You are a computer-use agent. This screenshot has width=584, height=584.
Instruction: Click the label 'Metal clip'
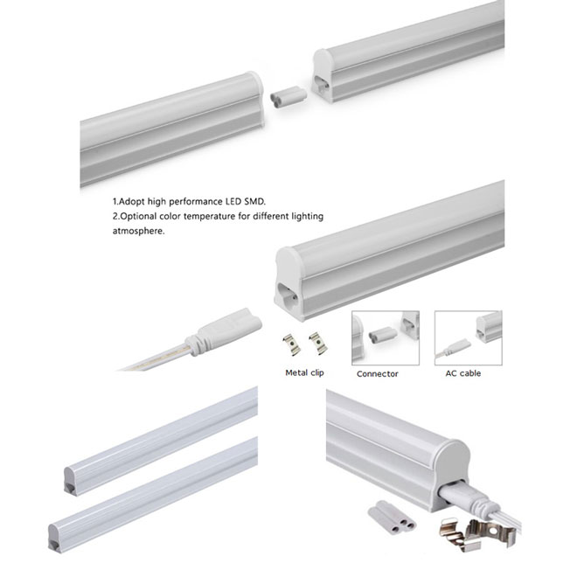pos(304,372)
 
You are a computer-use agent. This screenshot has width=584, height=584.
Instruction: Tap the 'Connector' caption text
pos(378,374)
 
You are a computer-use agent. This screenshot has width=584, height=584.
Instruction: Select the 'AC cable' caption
pos(463,373)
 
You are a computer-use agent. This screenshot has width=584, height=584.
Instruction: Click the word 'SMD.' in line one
pos(254,201)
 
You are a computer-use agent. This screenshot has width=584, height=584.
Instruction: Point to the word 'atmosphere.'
pos(138,231)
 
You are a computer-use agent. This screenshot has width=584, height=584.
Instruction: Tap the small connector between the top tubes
pos(289,97)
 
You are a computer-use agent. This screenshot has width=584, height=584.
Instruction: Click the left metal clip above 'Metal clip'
pos(291,344)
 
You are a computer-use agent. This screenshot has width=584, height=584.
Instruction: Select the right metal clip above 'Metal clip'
pos(317,343)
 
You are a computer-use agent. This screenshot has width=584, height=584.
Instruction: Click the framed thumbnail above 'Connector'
pos(386,337)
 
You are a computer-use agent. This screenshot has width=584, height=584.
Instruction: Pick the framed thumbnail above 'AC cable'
pos(469,337)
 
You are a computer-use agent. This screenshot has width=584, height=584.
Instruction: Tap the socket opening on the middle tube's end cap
pos(288,295)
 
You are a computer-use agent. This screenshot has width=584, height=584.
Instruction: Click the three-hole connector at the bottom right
pos(392,518)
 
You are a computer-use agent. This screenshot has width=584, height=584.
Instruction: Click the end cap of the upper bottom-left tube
pos(70,481)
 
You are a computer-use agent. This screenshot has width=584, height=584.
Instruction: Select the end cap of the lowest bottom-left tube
pos(55,538)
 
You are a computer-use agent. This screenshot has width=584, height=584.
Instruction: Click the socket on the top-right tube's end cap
pos(321,83)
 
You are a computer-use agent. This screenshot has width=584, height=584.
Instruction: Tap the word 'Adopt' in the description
pos(131,202)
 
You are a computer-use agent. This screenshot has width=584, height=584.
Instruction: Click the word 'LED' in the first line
pos(233,201)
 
